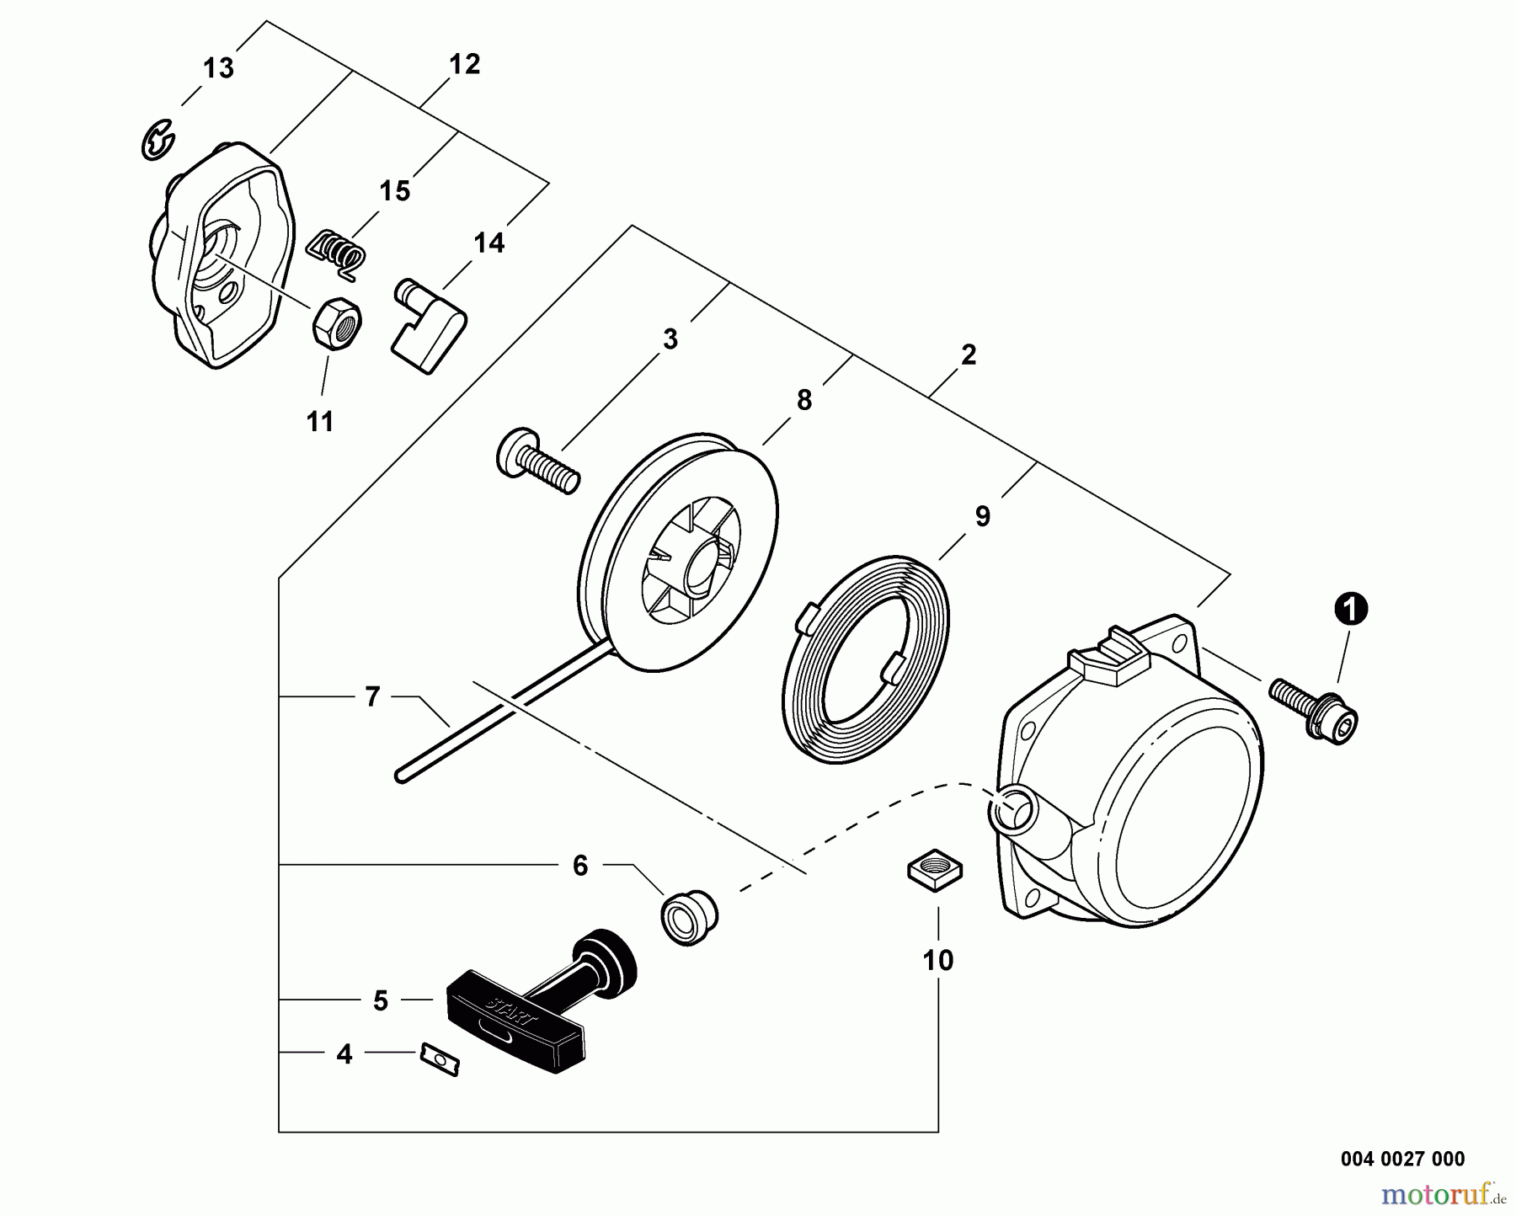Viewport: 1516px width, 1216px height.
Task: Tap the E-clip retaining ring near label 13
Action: [157, 140]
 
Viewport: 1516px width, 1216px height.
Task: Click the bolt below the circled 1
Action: [1316, 711]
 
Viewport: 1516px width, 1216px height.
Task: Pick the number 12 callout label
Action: [464, 64]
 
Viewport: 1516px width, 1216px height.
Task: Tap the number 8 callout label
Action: [803, 400]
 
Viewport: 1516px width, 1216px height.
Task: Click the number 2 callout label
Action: [969, 355]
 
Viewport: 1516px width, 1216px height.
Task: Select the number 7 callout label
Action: [372, 697]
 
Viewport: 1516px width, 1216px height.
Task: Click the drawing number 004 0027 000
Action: [1401, 1159]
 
